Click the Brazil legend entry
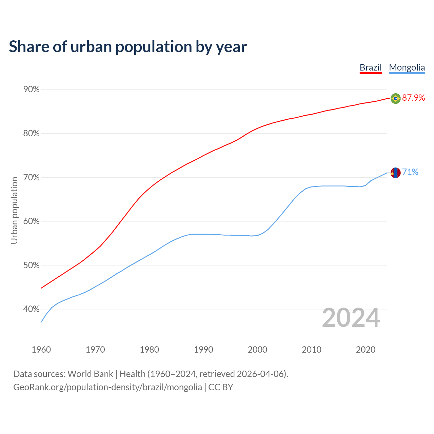[x=371, y=67]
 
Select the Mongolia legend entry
[x=407, y=67]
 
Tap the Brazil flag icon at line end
[x=395, y=98]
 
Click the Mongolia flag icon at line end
[x=395, y=173]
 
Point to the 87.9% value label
[x=413, y=98]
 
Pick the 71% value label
[x=410, y=172]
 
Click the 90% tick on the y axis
[x=31, y=90]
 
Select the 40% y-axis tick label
[x=31, y=309]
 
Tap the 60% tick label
[x=31, y=221]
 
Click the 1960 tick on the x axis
[x=41, y=350]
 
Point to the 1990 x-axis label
[x=203, y=350]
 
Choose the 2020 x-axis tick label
[x=366, y=350]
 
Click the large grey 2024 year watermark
[x=351, y=318]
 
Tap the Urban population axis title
[x=14, y=211]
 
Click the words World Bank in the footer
[x=90, y=374]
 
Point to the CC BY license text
[x=221, y=387]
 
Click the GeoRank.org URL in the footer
[x=107, y=387]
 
